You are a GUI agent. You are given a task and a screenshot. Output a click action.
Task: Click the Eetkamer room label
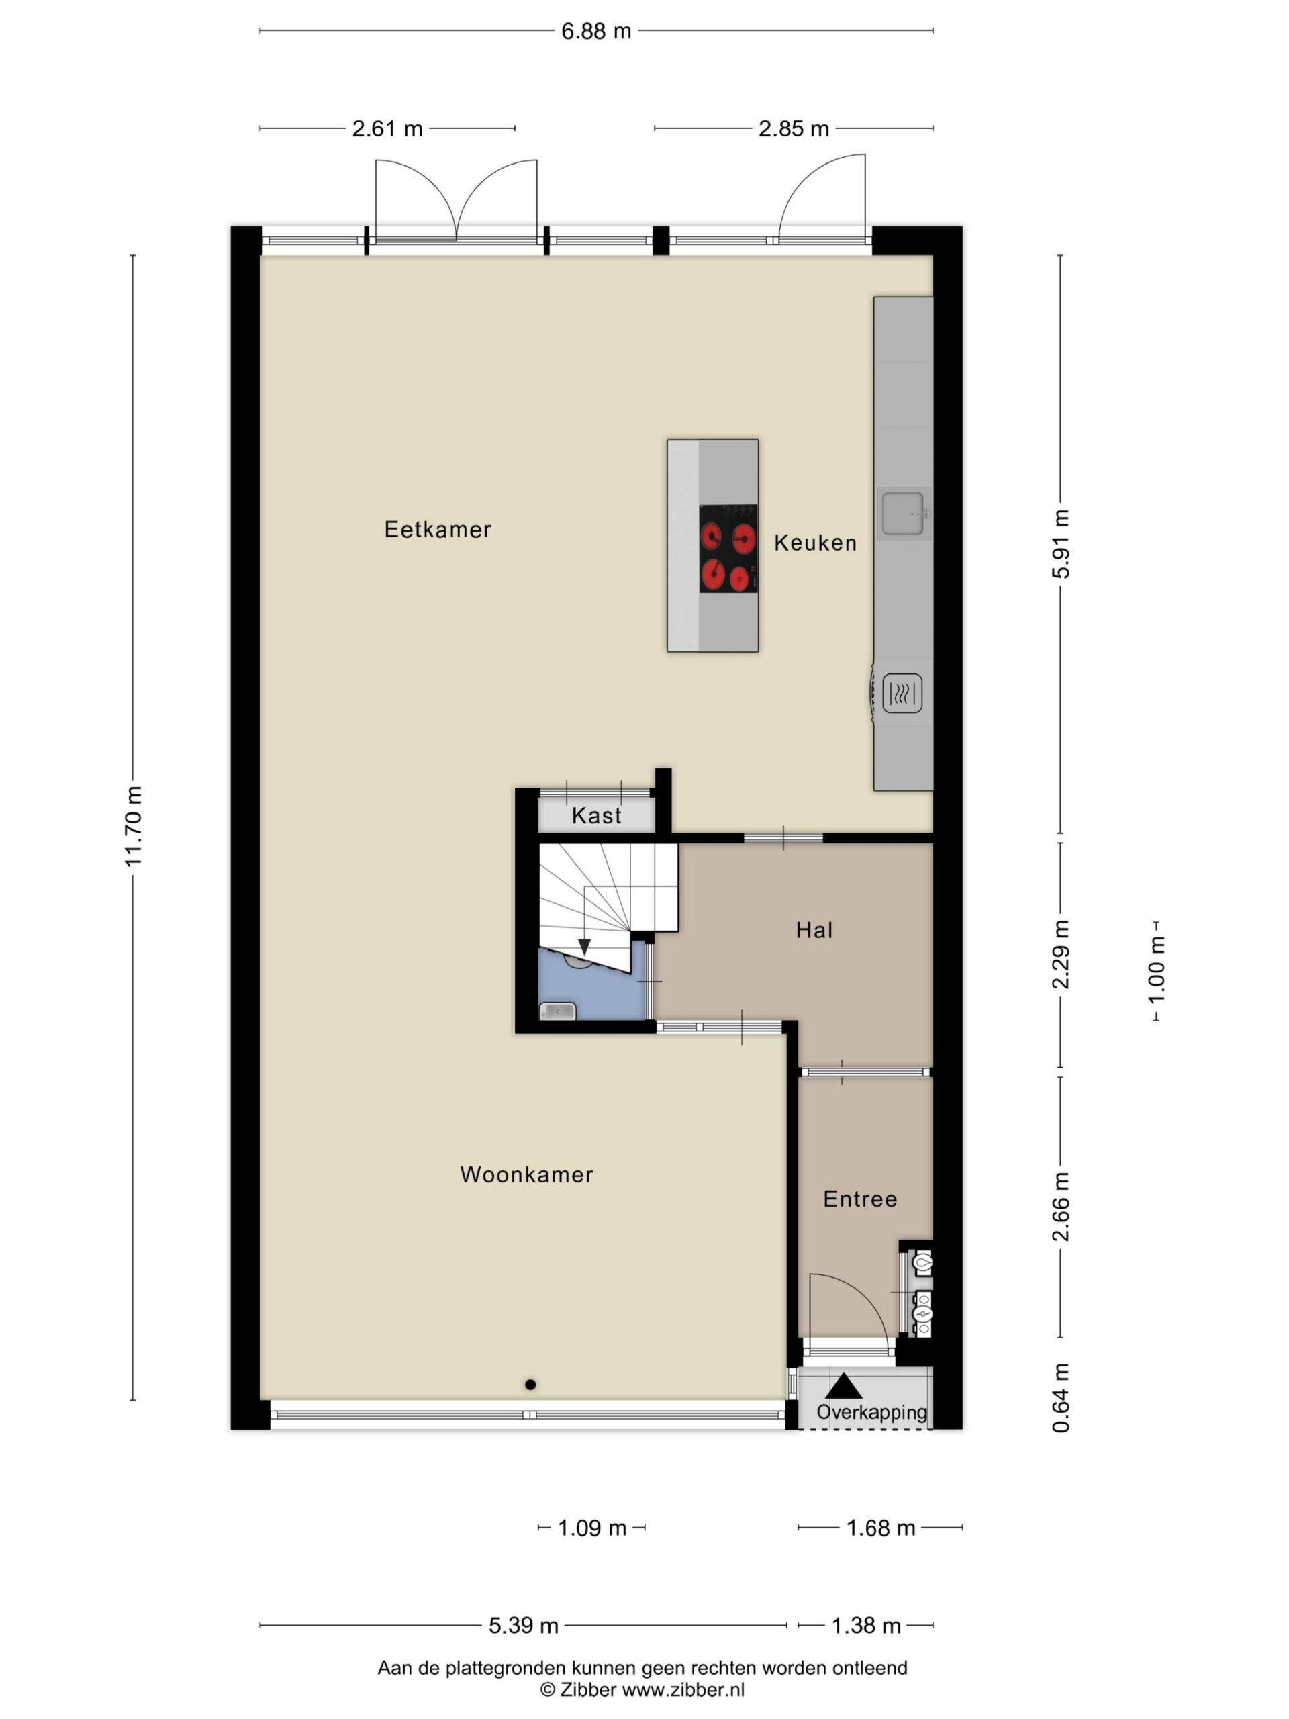(x=438, y=529)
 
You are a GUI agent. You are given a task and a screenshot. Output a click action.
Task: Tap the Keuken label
(x=815, y=543)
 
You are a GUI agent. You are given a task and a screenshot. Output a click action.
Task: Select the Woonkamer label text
(x=526, y=1174)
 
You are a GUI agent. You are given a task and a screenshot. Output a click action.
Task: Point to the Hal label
(x=814, y=930)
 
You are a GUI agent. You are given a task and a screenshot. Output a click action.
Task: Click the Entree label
(x=860, y=1199)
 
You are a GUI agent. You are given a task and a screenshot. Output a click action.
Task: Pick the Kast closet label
(x=597, y=815)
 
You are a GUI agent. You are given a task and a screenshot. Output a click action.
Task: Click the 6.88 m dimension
(x=596, y=31)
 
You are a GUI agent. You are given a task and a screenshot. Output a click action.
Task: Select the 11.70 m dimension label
(x=134, y=825)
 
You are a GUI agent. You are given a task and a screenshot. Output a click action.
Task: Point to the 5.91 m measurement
(x=1061, y=544)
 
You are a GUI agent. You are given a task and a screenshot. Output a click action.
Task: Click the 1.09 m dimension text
(x=592, y=1528)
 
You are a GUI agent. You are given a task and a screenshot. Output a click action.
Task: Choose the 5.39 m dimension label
(x=523, y=1626)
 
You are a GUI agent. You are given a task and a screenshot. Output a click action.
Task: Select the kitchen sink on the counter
(x=904, y=514)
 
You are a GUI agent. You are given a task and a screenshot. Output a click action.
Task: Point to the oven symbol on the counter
(x=902, y=692)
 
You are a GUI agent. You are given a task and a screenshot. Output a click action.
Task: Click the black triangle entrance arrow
(x=844, y=1387)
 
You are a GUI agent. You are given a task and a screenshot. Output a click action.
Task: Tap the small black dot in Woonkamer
(x=530, y=1385)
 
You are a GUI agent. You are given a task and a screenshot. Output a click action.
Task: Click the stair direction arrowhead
(x=584, y=947)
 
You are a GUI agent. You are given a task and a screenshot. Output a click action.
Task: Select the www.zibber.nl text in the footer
(x=683, y=1690)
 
